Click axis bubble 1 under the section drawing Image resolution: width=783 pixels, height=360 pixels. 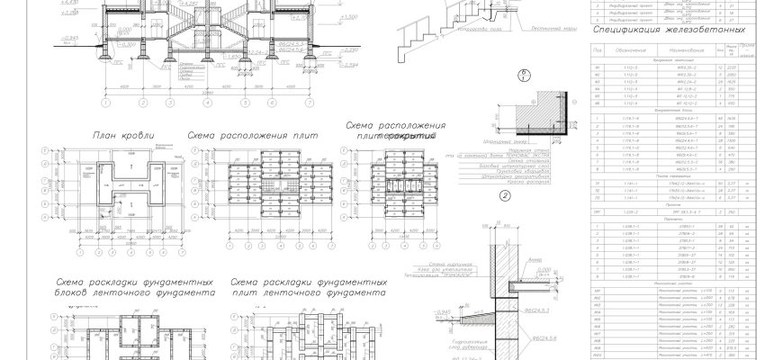click(x=106, y=102)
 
